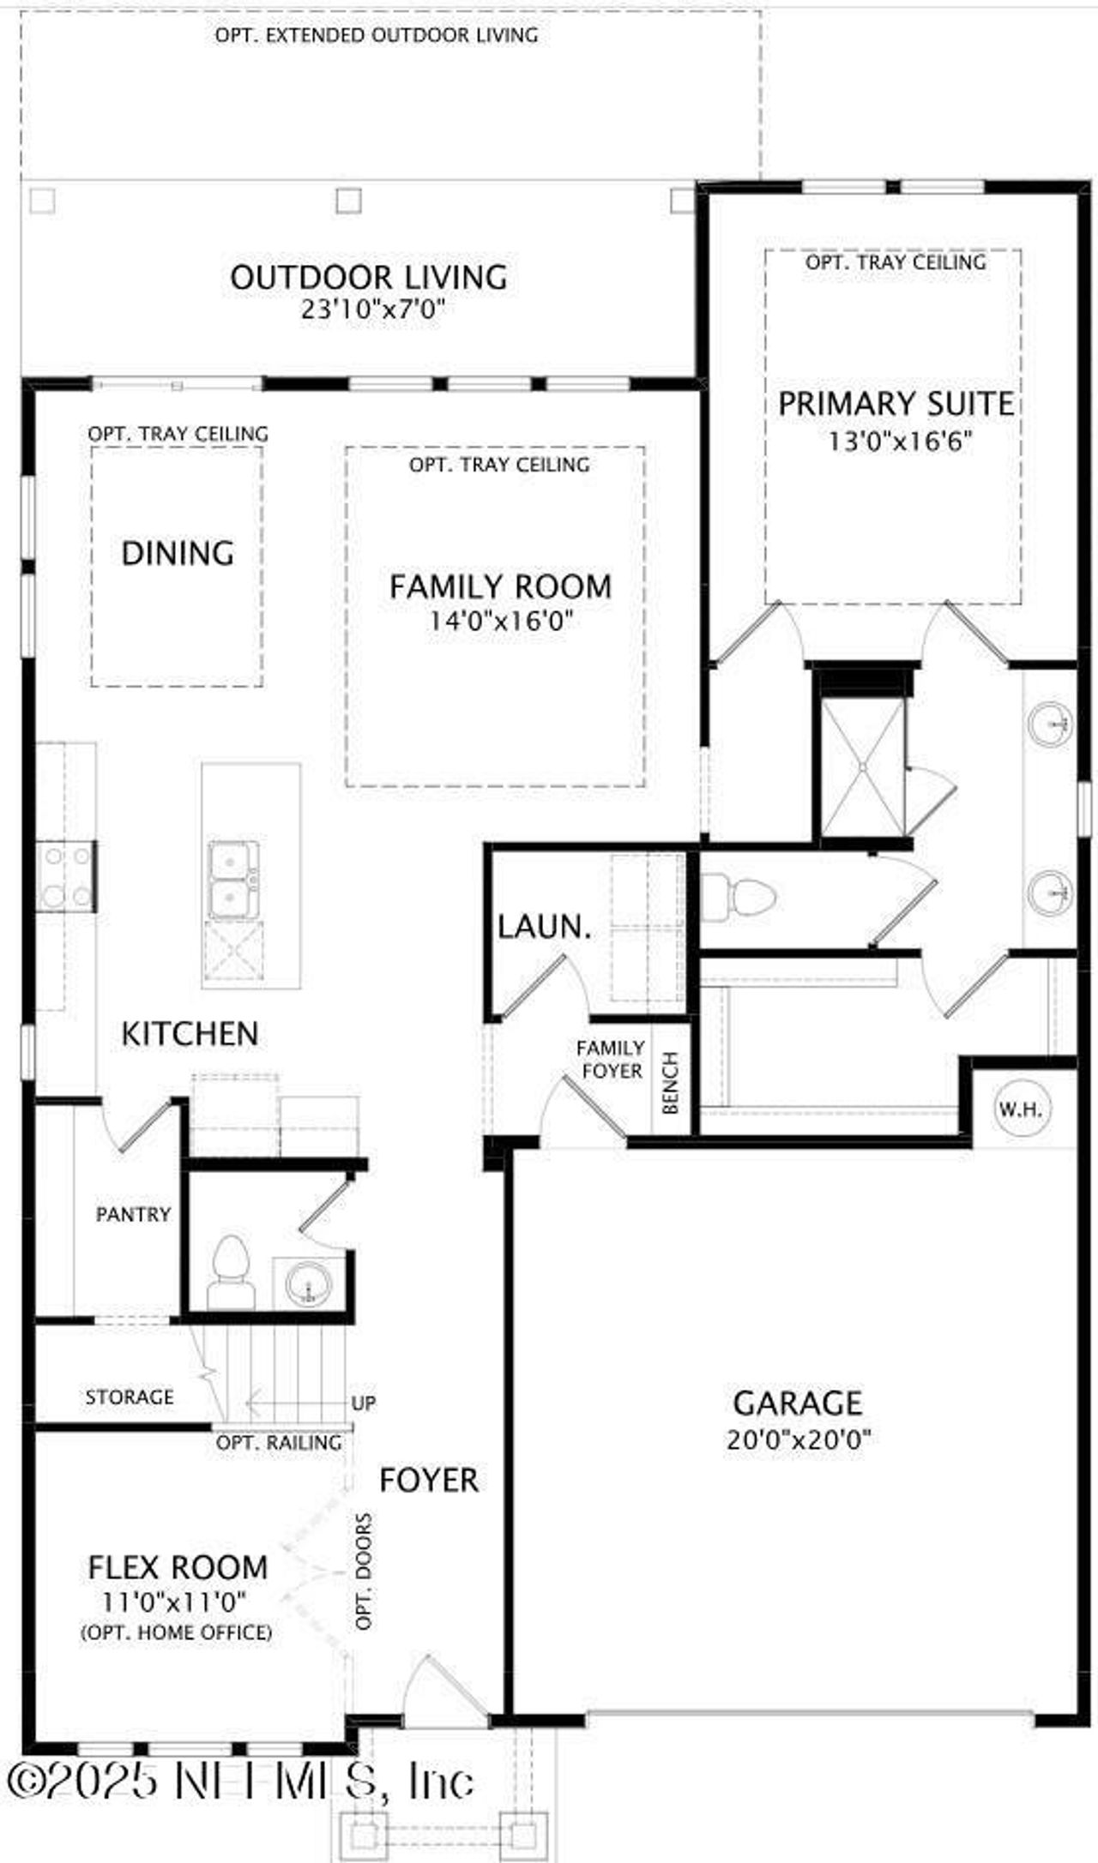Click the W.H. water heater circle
(1019, 1109)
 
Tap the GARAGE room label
(797, 1403)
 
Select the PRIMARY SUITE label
(896, 404)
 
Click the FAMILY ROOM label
(500, 586)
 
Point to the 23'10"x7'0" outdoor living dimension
(372, 309)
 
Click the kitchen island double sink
(233, 880)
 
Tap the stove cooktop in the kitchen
(67, 876)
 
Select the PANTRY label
(133, 1214)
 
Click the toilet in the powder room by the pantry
(230, 1272)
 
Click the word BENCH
(671, 1082)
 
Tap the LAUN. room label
(545, 926)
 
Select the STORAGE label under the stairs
(130, 1397)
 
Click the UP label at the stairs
(364, 1403)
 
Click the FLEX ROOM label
(178, 1567)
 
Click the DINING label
(178, 553)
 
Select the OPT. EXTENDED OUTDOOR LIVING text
(377, 35)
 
